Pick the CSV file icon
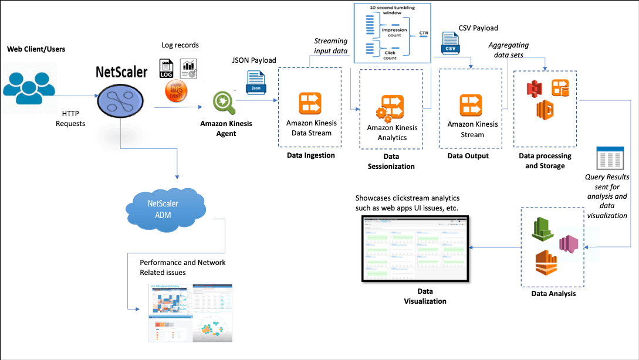[450, 45]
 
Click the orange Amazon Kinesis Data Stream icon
[309, 104]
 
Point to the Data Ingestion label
[311, 155]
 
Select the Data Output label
[468, 156]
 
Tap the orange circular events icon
[176, 91]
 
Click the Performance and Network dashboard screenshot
[190, 312]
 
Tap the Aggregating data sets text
[509, 49]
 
